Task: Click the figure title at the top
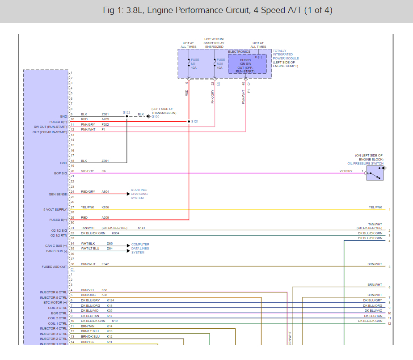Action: coord(218,10)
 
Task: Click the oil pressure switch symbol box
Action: coord(375,173)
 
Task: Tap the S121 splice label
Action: coord(194,122)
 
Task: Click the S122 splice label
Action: coord(126,112)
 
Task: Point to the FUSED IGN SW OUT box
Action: coord(247,66)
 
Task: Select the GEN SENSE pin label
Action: coord(58,194)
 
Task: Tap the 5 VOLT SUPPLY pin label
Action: coord(55,209)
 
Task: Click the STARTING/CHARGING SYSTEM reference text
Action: coord(139,194)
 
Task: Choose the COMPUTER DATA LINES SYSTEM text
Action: coord(140,249)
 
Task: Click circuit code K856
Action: coord(105,208)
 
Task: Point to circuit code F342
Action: coord(105,264)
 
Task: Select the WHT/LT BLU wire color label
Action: coord(90,248)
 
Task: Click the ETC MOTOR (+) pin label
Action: coord(55,303)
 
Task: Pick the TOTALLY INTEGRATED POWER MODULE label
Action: coord(286,59)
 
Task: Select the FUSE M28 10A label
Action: coord(220,64)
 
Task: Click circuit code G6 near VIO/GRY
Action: coord(104,171)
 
